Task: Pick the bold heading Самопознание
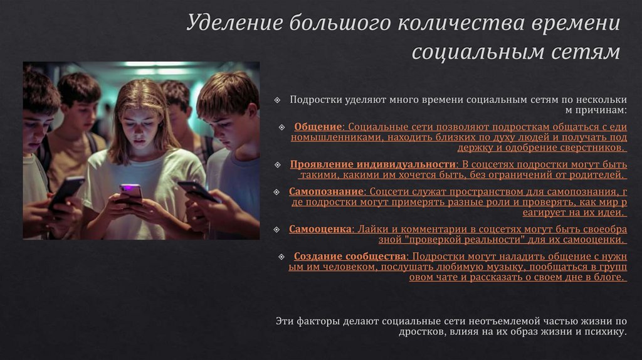click(x=326, y=191)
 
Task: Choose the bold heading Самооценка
click(x=319, y=229)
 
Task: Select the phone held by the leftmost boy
click(x=66, y=191)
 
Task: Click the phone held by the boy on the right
click(x=196, y=191)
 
